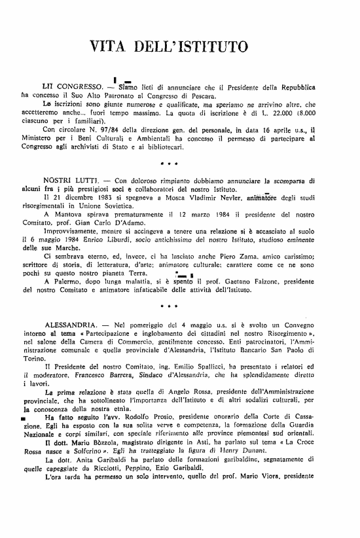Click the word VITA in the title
[108, 47]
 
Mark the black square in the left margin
[24, 418]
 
